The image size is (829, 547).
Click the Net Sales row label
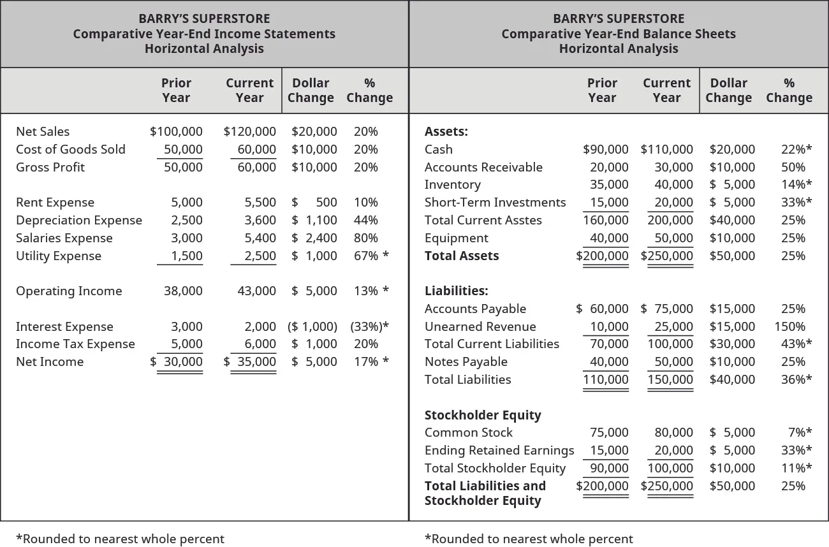click(43, 132)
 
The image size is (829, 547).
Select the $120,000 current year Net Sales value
click(250, 132)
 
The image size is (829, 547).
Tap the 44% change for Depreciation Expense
click(365, 221)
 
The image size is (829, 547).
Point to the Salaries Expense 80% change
click(365, 238)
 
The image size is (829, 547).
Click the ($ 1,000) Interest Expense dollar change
click(312, 327)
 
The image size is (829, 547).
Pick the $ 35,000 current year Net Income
click(250, 362)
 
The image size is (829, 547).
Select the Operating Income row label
click(69, 291)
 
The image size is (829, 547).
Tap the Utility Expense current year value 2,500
click(260, 256)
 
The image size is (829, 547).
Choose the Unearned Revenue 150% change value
click(789, 327)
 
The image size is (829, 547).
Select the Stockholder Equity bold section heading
click(483, 416)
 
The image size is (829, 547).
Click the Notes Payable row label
click(466, 362)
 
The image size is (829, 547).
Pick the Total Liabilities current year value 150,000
click(670, 380)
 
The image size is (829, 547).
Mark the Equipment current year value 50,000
click(674, 238)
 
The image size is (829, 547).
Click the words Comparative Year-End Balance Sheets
click(619, 34)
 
